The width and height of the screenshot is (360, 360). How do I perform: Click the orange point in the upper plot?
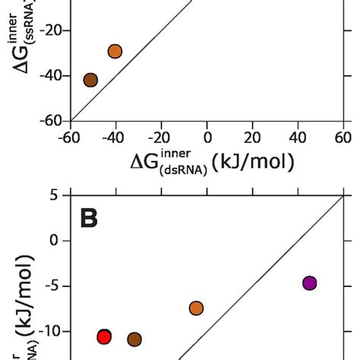pyautogui.click(x=115, y=52)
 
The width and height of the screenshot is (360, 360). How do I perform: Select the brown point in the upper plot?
pyautogui.click(x=90, y=80)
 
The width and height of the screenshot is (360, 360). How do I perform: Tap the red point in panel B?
pyautogui.click(x=105, y=336)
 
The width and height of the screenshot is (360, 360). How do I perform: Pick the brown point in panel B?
pyautogui.click(x=134, y=339)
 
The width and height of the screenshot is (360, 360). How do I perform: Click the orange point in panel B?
pyautogui.click(x=196, y=308)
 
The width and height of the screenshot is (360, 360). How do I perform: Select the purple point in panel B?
pyautogui.click(x=309, y=283)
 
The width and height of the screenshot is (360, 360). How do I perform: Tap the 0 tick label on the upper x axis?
pyautogui.click(x=207, y=137)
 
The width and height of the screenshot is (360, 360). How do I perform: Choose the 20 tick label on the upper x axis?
pyautogui.click(x=253, y=137)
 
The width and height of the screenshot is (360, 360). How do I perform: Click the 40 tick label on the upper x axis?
pyautogui.click(x=298, y=137)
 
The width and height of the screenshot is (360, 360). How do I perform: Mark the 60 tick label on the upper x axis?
pyautogui.click(x=343, y=137)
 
